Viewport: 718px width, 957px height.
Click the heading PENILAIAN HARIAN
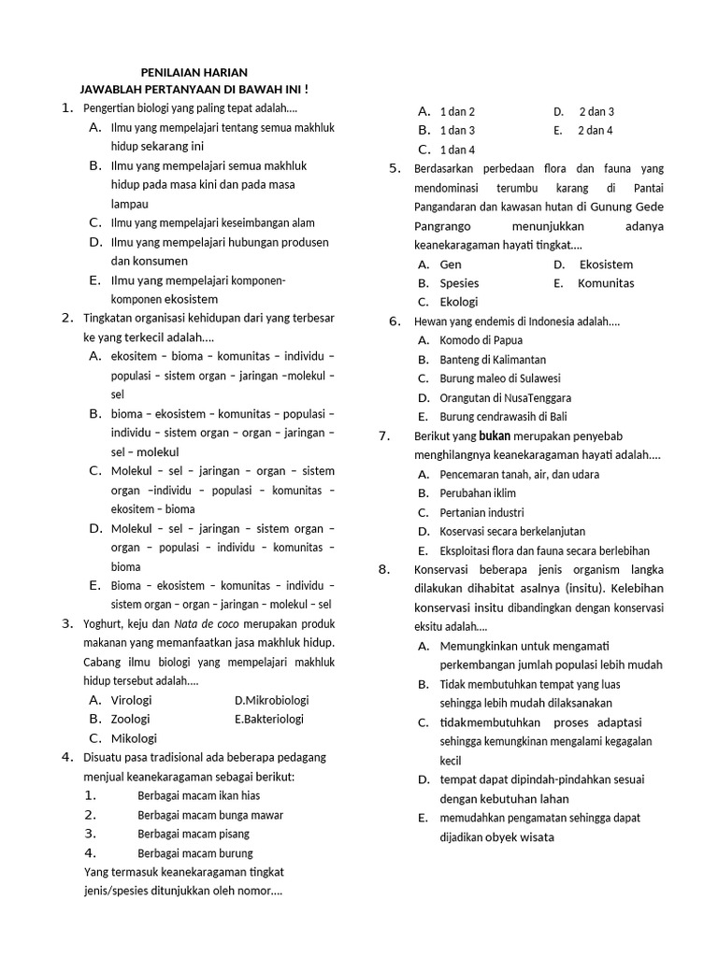[194, 72]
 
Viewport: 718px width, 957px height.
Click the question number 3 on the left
[67, 623]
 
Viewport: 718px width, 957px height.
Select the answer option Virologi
[131, 700]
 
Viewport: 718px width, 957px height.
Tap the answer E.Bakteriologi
[269, 719]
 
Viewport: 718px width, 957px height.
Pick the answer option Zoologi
[130, 719]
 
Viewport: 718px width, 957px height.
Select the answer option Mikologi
[134, 738]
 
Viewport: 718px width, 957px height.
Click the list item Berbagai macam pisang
[194, 834]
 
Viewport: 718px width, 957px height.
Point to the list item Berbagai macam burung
[194, 853]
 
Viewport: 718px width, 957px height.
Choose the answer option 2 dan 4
[595, 130]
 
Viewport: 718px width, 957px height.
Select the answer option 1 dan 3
[457, 130]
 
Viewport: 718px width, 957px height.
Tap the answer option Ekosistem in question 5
[606, 264]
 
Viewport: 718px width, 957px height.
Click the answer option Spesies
[459, 283]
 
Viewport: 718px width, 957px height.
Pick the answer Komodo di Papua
[481, 340]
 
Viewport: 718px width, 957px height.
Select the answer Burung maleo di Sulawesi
[499, 379]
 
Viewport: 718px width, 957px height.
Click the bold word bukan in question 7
[495, 436]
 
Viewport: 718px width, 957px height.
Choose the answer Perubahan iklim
[478, 493]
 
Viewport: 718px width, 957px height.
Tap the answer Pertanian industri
[481, 512]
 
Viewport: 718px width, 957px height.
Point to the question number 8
[383, 569]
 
